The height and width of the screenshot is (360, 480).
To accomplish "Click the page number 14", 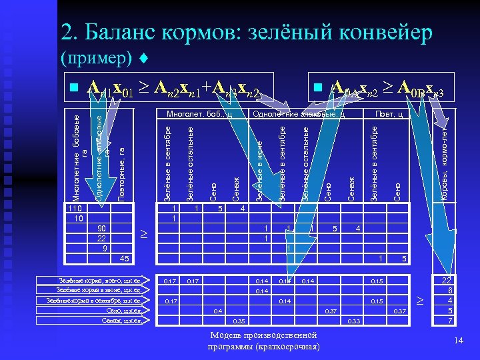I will pos(458,341).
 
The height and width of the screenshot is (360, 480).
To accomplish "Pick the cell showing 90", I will pos(102,228).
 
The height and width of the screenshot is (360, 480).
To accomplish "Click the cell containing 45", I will pos(124,258).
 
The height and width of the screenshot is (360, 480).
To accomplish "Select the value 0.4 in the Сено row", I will pos(217,311).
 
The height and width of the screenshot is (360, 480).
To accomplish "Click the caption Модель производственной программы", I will pos(263,341).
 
